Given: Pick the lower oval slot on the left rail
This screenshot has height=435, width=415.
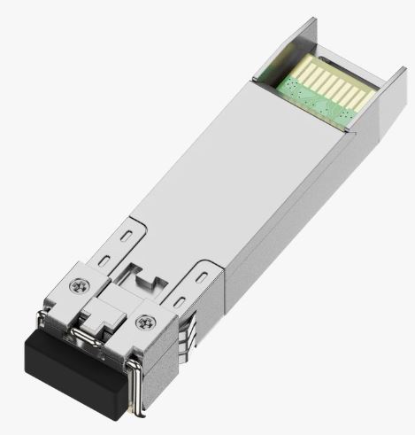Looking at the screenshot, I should click(x=104, y=259).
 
